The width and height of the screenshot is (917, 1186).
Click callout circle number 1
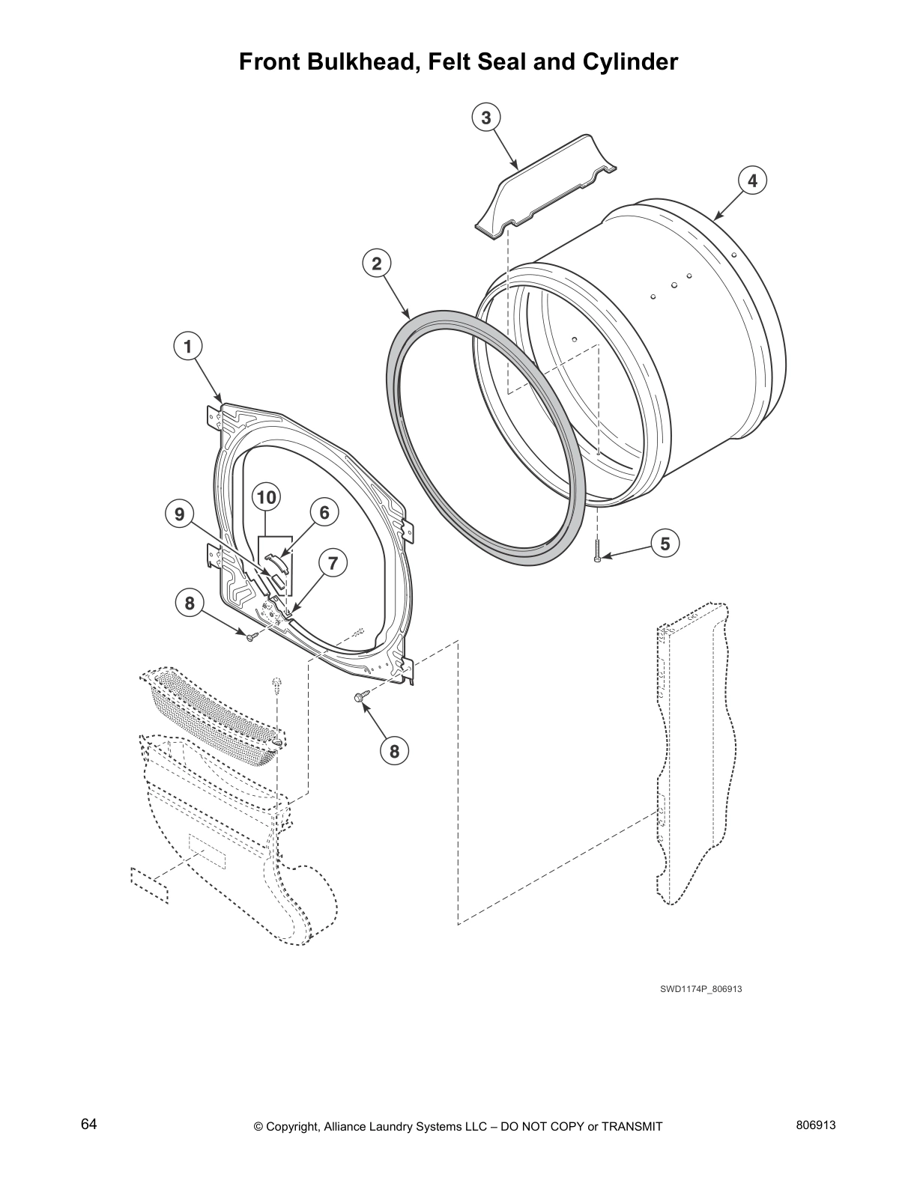188,347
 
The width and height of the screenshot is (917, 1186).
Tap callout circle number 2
376,264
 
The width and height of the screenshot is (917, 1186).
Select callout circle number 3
486,118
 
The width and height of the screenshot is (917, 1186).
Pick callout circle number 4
752,180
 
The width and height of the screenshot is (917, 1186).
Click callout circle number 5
665,543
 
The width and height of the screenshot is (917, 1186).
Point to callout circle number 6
324,512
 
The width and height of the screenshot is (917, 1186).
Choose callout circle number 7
333,562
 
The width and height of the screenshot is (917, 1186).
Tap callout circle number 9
179,514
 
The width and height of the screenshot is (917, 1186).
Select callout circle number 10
267,497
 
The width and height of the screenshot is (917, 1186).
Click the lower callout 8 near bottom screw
395,750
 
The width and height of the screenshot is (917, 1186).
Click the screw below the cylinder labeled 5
597,555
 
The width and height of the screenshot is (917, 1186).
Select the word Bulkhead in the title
357,61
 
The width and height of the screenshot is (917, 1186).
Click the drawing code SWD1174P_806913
700,989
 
